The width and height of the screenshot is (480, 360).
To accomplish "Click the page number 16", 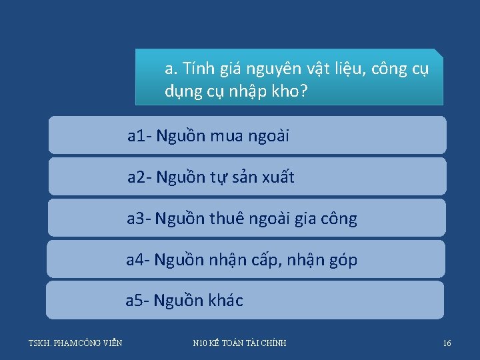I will click(x=447, y=343).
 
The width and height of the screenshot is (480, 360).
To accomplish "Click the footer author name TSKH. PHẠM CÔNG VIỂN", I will click(x=75, y=343).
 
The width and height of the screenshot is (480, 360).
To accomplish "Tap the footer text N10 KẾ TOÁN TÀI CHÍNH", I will click(x=239, y=343).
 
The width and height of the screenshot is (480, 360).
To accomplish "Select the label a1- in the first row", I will click(x=140, y=137).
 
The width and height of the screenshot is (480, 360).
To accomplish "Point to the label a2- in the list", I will click(x=140, y=177).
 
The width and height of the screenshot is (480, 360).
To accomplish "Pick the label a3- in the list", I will click(x=140, y=219).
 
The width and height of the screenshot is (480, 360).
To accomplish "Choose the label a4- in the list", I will click(x=139, y=260).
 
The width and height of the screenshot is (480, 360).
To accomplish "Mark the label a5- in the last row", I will click(x=138, y=301).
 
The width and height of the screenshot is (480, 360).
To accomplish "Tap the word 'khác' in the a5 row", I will click(x=224, y=301).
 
